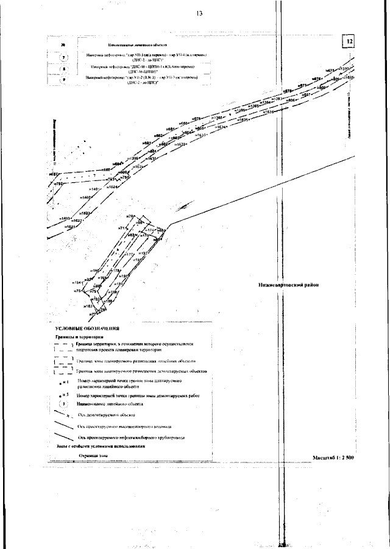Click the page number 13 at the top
(x=199, y=14)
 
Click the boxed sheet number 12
(x=349, y=41)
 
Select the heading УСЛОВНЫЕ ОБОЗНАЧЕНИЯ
(x=83, y=328)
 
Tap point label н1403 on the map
(x=65, y=218)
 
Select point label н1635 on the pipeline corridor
(x=243, y=120)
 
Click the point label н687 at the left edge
(x=54, y=175)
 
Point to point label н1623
(x=85, y=213)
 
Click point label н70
(x=130, y=217)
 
